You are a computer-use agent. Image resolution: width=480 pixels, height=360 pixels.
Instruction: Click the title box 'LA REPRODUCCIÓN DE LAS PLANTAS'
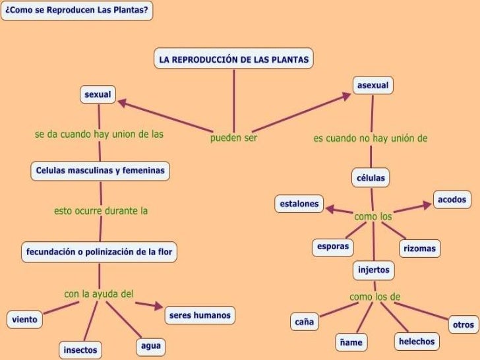point(233,59)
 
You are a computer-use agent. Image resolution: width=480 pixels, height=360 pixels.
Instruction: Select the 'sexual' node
point(98,95)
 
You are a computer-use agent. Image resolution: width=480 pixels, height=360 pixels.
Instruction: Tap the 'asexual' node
point(373,86)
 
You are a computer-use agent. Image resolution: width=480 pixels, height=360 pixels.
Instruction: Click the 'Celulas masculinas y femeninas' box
point(100,171)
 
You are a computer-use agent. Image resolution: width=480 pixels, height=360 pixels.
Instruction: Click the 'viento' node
point(24,320)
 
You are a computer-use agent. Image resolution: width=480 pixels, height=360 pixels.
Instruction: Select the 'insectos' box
point(80,349)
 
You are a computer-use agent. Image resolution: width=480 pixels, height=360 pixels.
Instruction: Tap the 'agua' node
point(150,346)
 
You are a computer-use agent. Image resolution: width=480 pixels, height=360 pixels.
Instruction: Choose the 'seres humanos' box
point(200,315)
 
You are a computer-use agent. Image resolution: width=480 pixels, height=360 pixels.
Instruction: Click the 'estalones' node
point(299,204)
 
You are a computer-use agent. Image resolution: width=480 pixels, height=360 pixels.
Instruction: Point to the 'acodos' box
point(452,199)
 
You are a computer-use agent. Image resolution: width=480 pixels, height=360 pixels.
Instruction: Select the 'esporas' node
point(332,247)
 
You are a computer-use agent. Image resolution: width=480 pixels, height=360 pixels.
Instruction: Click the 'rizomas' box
point(420,249)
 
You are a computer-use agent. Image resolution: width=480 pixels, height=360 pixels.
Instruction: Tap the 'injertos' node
point(374,270)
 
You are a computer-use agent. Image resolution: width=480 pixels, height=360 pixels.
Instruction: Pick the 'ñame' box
point(352,343)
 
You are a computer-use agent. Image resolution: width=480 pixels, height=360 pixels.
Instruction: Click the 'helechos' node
point(416,341)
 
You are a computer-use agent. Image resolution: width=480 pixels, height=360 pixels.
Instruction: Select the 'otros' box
point(463,324)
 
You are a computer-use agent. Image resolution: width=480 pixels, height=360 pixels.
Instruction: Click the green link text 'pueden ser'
point(233,138)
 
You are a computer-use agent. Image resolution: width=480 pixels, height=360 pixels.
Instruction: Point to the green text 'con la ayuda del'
point(99,293)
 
